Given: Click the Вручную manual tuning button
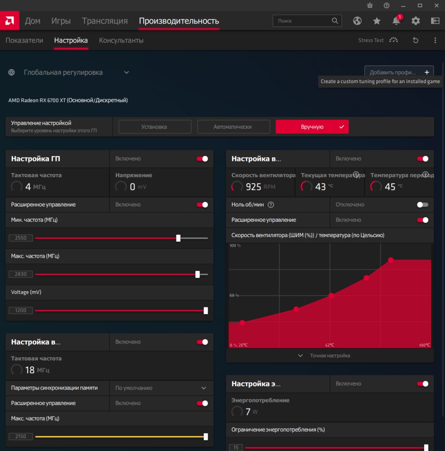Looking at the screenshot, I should pyautogui.click(x=312, y=127).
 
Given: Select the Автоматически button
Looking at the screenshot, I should pyautogui.click(x=233, y=127).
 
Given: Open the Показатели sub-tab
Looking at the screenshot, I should pyautogui.click(x=24, y=41).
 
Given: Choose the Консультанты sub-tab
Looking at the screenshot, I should pyautogui.click(x=121, y=41).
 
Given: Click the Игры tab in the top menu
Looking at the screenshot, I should pyautogui.click(x=61, y=21).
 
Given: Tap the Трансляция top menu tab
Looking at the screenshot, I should pyautogui.click(x=105, y=21).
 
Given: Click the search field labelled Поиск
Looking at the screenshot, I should pyautogui.click(x=302, y=21).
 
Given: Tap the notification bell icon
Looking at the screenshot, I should pyautogui.click(x=396, y=21).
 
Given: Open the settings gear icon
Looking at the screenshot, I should pyautogui.click(x=416, y=21).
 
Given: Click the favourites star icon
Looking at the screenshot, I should pyautogui.click(x=377, y=21).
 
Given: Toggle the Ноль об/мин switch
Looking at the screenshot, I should pyautogui.click(x=423, y=204).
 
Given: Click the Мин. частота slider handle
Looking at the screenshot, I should pyautogui.click(x=178, y=238).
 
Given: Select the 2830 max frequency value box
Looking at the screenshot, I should pyautogui.click(x=21, y=274).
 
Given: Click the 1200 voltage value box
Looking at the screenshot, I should pyautogui.click(x=21, y=310).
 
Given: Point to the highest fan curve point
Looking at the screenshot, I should pyautogui.click(x=391, y=260).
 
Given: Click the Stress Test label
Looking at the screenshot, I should pyautogui.click(x=371, y=41).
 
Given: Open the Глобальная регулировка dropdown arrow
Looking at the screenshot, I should pyautogui.click(x=127, y=72).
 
